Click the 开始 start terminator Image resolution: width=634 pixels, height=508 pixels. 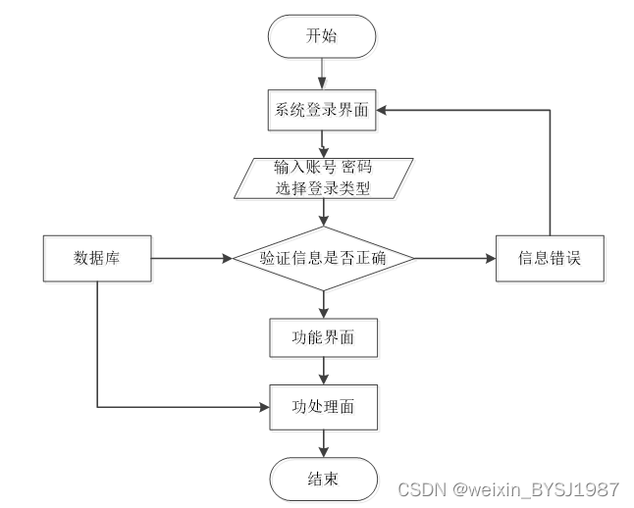pyautogui.click(x=323, y=37)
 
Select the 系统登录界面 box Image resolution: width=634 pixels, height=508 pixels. pyautogui.click(x=323, y=110)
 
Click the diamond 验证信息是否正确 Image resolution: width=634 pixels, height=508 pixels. pyautogui.click(x=323, y=259)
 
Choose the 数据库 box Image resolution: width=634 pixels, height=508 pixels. pyautogui.click(x=97, y=259)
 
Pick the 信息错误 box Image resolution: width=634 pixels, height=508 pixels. pyautogui.click(x=549, y=259)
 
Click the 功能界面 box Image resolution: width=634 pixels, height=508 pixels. pyautogui.click(x=323, y=338)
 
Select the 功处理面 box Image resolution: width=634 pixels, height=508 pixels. pyautogui.click(x=323, y=404)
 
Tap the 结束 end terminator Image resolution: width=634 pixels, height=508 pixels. pyautogui.click(x=323, y=479)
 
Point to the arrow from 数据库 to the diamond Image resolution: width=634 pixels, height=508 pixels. pyautogui.click(x=191, y=259)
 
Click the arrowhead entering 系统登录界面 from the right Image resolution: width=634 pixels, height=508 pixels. pyautogui.click(x=386, y=110)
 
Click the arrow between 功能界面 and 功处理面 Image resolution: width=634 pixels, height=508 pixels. pyautogui.click(x=323, y=372)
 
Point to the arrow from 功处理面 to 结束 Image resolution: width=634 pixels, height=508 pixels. pyautogui.click(x=323, y=440)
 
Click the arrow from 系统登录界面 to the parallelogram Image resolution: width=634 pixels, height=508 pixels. pyautogui.click(x=323, y=143)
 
